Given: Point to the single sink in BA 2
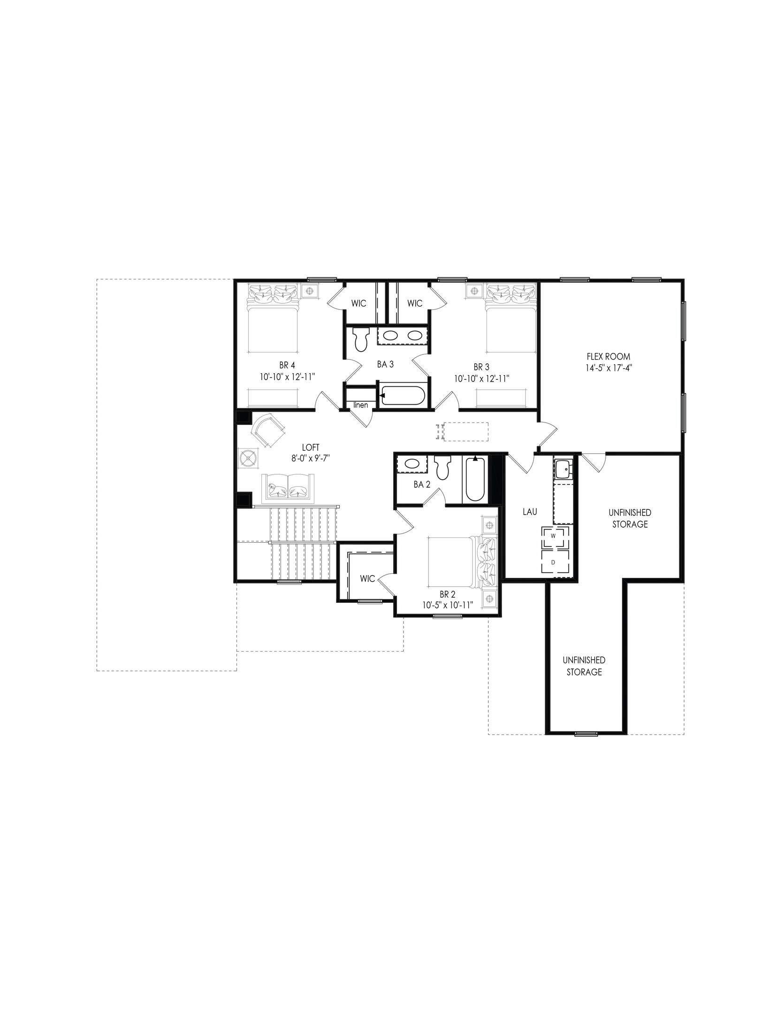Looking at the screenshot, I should click(412, 464).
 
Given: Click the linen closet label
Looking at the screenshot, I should click(361, 405).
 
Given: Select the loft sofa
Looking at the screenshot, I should click(288, 487).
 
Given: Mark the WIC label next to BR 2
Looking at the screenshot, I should click(367, 578).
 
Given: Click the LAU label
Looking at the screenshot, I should click(530, 512).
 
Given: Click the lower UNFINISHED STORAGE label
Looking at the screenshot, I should click(584, 666).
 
